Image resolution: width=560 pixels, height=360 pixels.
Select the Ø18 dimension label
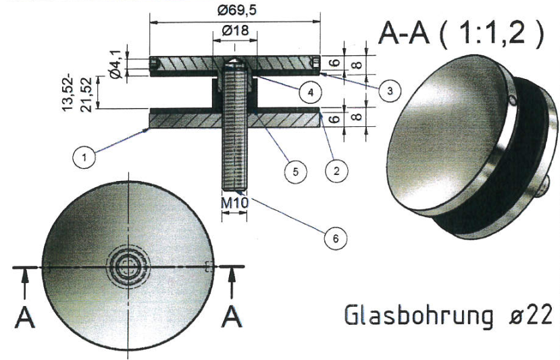pos(234,31)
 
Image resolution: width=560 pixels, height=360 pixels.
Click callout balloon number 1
pos(84,158)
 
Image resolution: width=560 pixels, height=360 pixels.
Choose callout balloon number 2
pos(332,171)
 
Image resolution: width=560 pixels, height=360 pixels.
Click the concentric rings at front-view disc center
pos(126,267)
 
